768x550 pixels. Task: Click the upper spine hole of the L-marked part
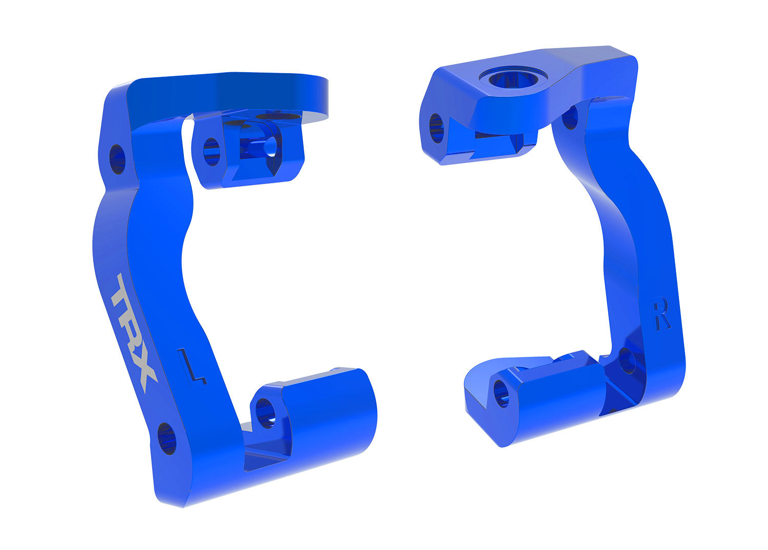117,159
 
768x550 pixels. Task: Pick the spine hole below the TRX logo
166,438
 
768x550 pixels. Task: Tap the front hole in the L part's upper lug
211,152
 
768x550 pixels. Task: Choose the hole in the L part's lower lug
265,412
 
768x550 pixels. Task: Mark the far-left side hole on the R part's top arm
436,127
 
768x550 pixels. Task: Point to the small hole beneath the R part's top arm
570,118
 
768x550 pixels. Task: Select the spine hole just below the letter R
627,361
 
